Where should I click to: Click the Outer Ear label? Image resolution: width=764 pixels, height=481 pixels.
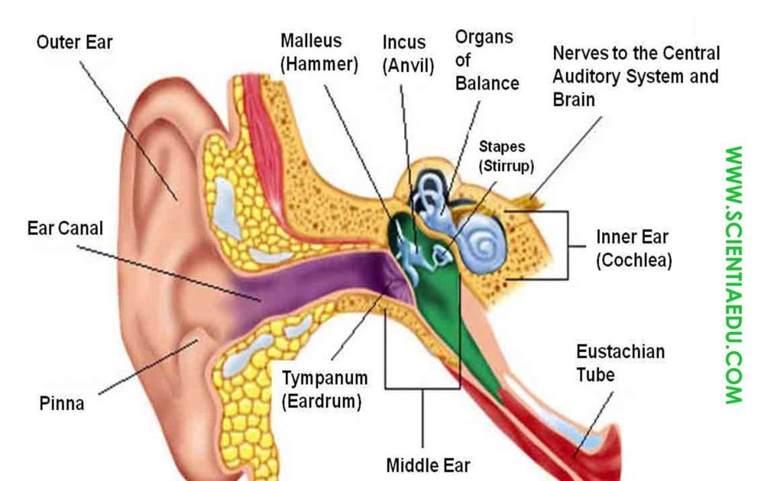[74, 43]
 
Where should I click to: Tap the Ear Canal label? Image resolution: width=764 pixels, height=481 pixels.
[65, 228]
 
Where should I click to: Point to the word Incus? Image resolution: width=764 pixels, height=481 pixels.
[404, 43]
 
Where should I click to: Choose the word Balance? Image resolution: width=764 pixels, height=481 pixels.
[487, 82]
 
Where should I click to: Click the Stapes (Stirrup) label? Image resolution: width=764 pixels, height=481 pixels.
[507, 155]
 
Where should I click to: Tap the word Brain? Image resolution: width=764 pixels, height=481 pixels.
[574, 99]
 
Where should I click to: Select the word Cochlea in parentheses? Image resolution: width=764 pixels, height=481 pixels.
[633, 260]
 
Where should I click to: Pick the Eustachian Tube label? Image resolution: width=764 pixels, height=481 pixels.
[620, 363]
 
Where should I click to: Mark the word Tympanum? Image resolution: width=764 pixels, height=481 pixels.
[325, 378]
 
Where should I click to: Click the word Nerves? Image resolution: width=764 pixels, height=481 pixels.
[578, 54]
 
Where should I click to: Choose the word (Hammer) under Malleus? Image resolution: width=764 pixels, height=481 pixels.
[319, 64]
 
